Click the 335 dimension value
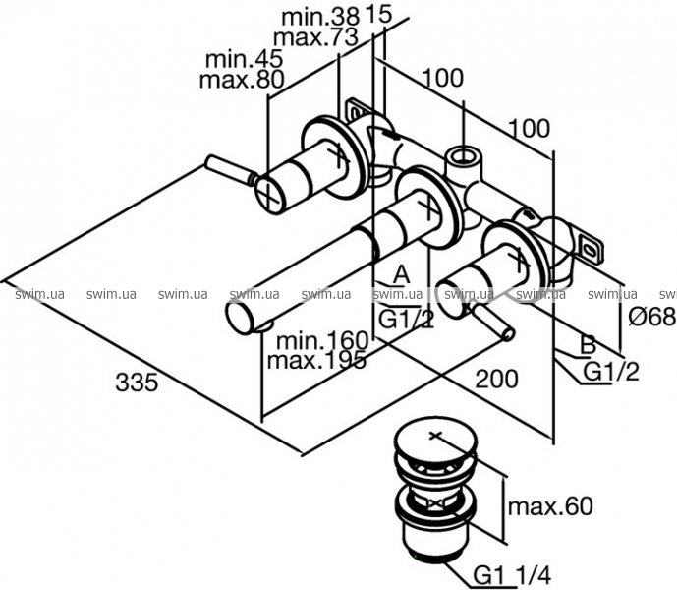[137, 383]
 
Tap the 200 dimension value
[496, 379]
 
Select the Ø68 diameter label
[652, 317]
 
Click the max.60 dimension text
[550, 505]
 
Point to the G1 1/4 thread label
[513, 575]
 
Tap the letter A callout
[401, 274]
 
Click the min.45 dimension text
[244, 59]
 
